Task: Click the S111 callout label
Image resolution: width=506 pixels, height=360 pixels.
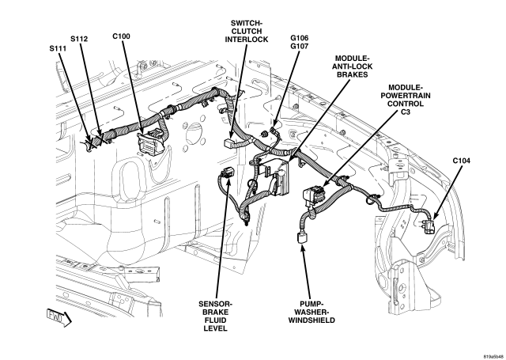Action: pyautogui.click(x=58, y=48)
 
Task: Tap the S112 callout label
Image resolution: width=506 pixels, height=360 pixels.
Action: pyautogui.click(x=80, y=39)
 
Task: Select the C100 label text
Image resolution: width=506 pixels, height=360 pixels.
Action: pyautogui.click(x=122, y=36)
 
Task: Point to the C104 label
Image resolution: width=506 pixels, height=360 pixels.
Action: pyautogui.click(x=462, y=160)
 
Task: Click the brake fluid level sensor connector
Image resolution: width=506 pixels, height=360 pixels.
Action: pyautogui.click(x=228, y=176)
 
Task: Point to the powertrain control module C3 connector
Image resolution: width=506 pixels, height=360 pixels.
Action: pyautogui.click(x=315, y=194)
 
